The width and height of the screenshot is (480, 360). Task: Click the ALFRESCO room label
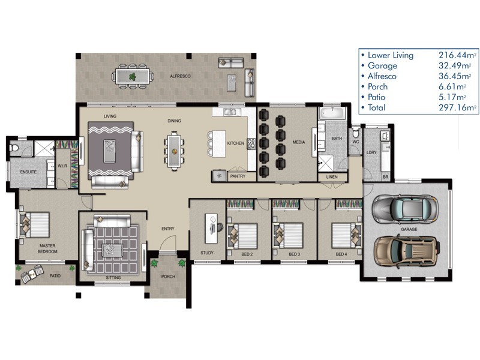tap(181, 76)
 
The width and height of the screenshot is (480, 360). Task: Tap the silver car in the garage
tap(405, 209)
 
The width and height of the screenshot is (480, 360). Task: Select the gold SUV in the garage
tap(407, 251)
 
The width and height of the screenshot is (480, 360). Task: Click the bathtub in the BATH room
tap(332, 113)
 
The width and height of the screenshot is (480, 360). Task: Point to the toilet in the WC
tap(355, 133)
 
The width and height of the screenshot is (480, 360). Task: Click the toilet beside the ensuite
tap(14, 148)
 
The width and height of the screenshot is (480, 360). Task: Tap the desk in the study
tap(211, 229)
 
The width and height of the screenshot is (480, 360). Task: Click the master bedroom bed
tap(34, 224)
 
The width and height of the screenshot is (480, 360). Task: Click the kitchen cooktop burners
tap(251, 144)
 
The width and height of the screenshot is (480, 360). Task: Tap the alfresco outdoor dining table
tap(132, 76)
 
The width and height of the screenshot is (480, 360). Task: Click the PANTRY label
tap(238, 176)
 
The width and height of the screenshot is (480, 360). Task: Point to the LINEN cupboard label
tap(332, 177)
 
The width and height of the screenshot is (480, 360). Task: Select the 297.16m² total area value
tap(457, 107)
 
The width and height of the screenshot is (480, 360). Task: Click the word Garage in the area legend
tap(382, 66)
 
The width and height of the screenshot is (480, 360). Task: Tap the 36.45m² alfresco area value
tap(455, 76)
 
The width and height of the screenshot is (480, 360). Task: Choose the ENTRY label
tap(168, 229)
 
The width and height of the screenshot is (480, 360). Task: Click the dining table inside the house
tap(175, 151)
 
